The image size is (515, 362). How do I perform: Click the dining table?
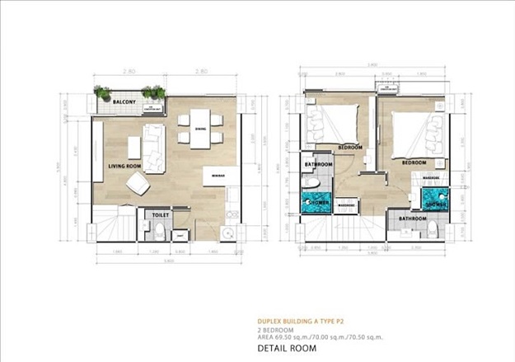(x=200, y=129)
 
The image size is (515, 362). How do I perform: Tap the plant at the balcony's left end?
(x=102, y=92)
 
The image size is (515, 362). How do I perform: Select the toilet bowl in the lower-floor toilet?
(x=158, y=228)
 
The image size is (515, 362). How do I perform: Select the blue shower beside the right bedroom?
(x=433, y=200)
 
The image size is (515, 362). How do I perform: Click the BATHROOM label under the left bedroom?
(x=318, y=165)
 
